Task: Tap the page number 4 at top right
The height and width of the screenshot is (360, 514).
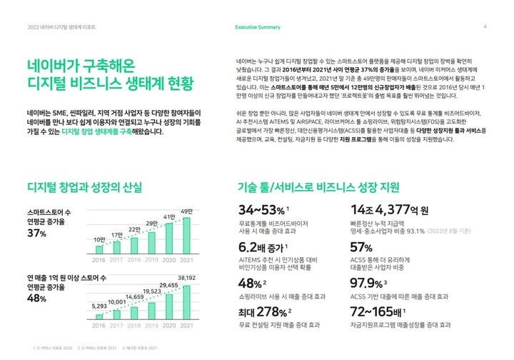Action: pyautogui.click(x=485, y=27)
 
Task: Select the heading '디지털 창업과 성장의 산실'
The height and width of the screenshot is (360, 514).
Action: pyautogui.click(x=84, y=189)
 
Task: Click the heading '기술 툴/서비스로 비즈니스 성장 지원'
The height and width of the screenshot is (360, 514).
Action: pyautogui.click(x=318, y=189)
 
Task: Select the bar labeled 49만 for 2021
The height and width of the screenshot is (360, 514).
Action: pyautogui.click(x=186, y=231)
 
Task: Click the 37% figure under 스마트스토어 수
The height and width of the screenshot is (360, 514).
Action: pyautogui.click(x=37, y=234)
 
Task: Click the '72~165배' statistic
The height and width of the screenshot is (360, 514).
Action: pyautogui.click(x=379, y=312)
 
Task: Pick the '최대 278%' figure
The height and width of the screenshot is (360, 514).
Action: pyautogui.click(x=263, y=312)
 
